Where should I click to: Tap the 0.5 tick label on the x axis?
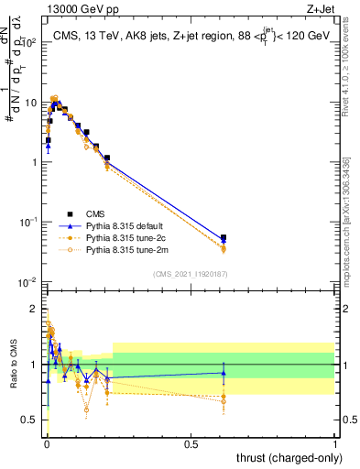(191, 444)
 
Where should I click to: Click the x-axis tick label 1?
(335, 444)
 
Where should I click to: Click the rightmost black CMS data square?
(224, 238)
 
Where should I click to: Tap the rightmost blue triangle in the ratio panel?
(224, 372)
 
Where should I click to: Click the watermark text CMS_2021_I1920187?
(190, 274)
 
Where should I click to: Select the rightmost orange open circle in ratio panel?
(224, 401)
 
